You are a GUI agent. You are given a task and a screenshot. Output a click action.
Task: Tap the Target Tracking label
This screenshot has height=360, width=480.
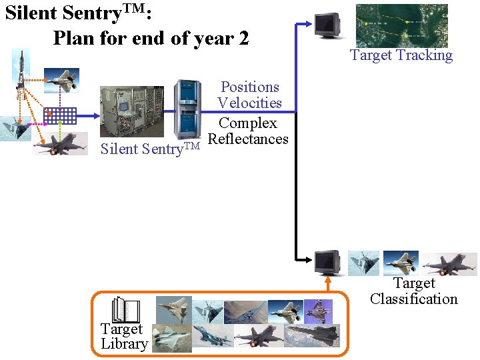[x=401, y=56]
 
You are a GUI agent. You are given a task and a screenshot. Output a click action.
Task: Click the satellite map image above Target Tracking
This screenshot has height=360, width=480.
[x=401, y=25]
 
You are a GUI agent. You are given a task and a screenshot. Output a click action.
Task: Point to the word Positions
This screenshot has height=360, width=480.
[x=250, y=87]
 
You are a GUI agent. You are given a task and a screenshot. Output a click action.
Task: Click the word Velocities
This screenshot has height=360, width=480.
[x=249, y=103]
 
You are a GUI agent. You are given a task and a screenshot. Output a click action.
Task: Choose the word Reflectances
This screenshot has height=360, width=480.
[x=248, y=139]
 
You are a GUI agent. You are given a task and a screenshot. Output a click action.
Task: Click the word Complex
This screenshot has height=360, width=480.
[x=248, y=123]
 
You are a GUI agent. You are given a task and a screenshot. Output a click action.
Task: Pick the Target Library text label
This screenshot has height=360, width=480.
[x=123, y=337]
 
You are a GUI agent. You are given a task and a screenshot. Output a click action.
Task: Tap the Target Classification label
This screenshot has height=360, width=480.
[x=414, y=291]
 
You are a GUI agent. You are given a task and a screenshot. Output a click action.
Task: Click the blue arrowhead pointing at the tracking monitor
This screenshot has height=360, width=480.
[x=307, y=24]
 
